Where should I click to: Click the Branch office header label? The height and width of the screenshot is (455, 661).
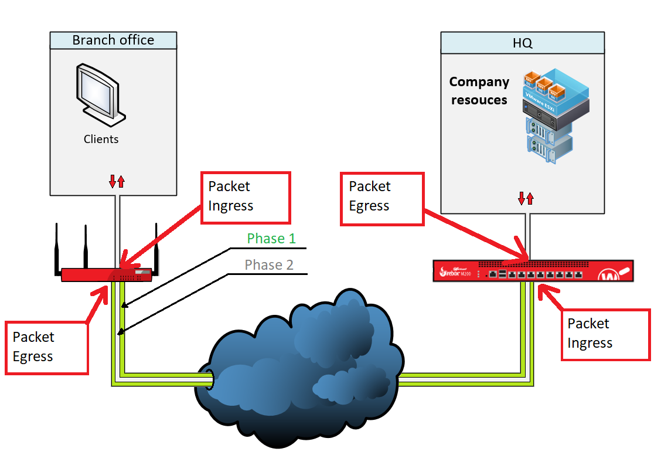click(113, 40)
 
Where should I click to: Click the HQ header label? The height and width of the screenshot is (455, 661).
click(522, 43)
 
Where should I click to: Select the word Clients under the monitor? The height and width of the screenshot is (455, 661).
click(101, 140)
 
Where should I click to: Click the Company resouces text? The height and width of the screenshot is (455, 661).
click(479, 91)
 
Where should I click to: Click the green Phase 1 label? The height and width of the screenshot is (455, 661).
click(271, 239)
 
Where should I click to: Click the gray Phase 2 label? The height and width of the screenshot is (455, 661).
click(269, 265)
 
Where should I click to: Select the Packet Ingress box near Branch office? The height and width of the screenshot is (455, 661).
click(246, 197)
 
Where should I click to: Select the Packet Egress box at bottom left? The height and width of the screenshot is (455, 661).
click(46, 347)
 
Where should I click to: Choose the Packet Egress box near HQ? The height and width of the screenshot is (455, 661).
click(381, 198)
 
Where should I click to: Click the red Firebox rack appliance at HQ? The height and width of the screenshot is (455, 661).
click(533, 270)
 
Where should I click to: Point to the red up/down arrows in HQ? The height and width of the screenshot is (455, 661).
click(526, 198)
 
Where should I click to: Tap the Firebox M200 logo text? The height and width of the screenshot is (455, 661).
click(457, 273)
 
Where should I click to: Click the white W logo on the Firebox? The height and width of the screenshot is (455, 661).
click(610, 274)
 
